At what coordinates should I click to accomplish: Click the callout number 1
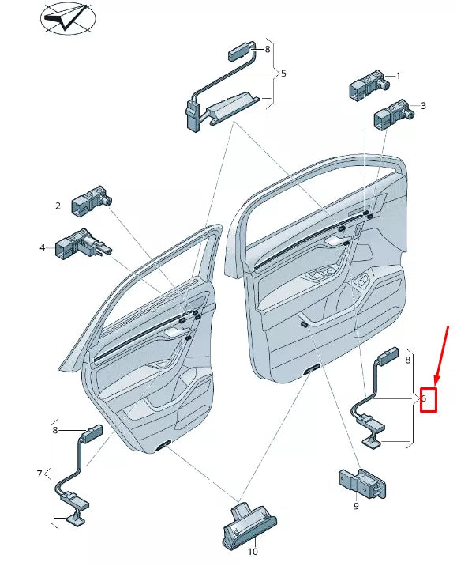tap(398, 76)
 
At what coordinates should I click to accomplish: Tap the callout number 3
tap(423, 105)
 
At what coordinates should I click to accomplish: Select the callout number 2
tap(58, 206)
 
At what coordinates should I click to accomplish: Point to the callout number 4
tap(43, 247)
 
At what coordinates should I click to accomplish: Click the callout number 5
tap(283, 74)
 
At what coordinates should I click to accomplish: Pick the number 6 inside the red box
tap(424, 399)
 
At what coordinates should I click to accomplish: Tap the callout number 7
tap(39, 474)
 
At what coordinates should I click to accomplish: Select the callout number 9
tap(355, 506)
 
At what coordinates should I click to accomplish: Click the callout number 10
tap(253, 552)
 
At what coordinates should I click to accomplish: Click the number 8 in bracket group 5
tap(267, 49)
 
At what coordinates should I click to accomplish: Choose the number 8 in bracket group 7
tap(55, 430)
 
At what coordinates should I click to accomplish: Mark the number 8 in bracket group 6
tap(407, 360)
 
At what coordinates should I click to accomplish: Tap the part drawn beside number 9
tap(362, 481)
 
